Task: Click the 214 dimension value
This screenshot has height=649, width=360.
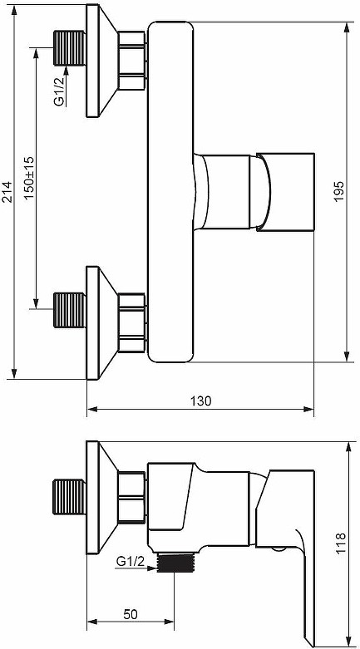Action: point(7,191)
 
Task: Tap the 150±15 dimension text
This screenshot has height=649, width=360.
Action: point(30,178)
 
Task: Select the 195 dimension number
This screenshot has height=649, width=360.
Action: point(339,191)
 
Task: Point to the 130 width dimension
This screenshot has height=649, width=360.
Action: point(200,401)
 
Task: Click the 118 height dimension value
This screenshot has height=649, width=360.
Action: point(341,543)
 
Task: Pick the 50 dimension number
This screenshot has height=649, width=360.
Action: point(130,614)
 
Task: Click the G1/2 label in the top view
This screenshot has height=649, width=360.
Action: point(61,96)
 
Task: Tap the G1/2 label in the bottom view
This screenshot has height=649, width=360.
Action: point(130,562)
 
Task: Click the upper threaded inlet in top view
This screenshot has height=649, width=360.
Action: point(70,48)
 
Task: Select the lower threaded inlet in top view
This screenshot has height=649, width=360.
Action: point(70,310)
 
